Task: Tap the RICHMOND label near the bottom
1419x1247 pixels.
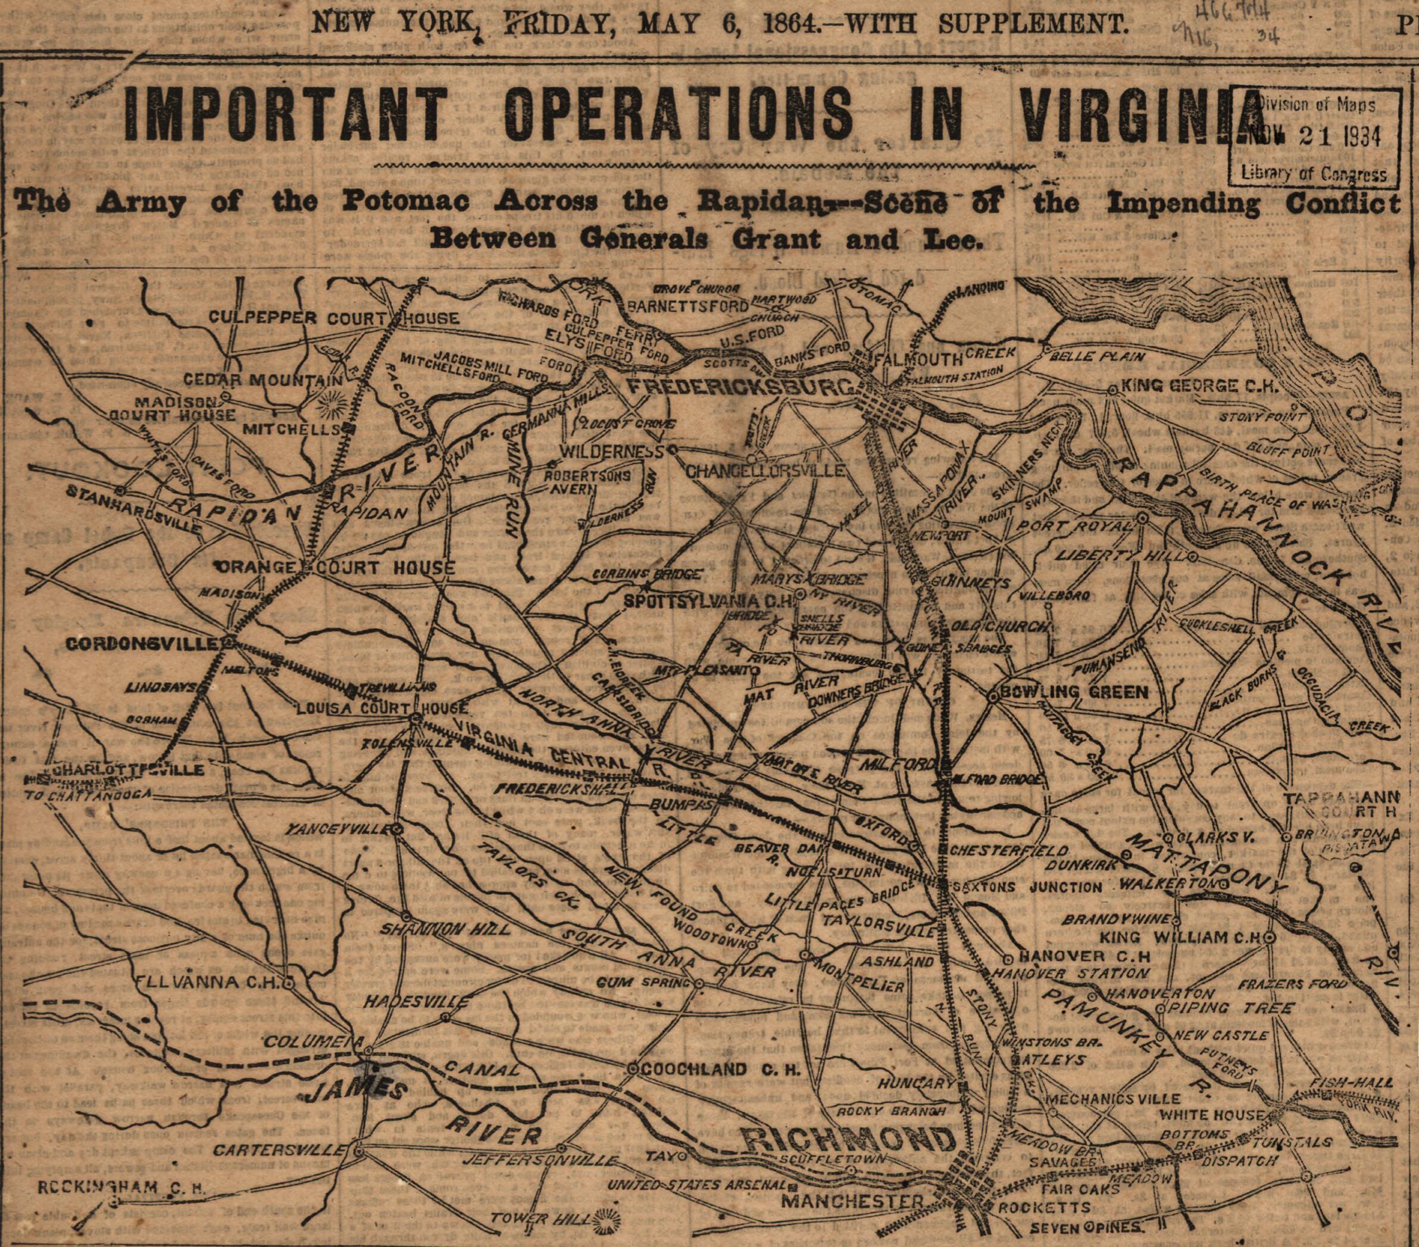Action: (848, 1139)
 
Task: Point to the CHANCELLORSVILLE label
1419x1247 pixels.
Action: (765, 471)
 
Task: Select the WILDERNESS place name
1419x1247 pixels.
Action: (612, 452)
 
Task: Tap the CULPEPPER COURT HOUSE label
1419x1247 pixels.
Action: (334, 318)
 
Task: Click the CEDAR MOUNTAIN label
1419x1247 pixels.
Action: (262, 380)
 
